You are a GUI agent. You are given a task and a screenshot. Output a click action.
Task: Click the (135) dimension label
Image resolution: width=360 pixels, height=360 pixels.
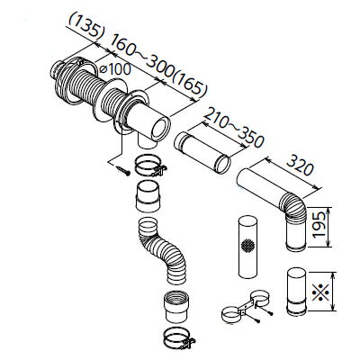tap(87, 26)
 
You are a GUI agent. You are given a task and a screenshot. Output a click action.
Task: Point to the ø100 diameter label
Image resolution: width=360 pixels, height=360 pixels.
tap(115, 69)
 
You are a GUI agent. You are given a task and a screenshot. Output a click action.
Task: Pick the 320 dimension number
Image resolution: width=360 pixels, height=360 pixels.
tap(300, 166)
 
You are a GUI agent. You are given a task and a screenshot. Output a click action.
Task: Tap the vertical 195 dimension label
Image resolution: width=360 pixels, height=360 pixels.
tap(319, 225)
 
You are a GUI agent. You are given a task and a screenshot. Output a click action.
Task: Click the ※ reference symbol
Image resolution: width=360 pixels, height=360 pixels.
tap(320, 292)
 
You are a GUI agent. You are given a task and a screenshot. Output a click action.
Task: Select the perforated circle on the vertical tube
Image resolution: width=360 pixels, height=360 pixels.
tap(247, 246)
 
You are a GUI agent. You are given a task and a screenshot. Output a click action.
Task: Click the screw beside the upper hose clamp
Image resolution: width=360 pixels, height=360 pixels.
tap(123, 170)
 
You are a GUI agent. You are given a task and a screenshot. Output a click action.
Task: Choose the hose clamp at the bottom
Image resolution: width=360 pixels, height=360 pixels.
tap(179, 338)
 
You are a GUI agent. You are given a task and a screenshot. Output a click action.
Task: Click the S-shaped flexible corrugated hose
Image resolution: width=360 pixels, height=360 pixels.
tap(162, 250)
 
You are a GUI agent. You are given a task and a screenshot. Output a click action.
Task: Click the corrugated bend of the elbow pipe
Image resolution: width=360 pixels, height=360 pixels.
tap(292, 207)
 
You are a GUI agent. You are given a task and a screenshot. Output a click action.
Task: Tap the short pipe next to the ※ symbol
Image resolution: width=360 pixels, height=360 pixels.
tap(297, 291)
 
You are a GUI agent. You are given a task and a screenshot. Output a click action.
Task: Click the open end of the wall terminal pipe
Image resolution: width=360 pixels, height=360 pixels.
tap(161, 130)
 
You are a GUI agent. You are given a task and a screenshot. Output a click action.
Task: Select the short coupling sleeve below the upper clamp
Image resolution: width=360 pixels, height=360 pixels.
tap(148, 196)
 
